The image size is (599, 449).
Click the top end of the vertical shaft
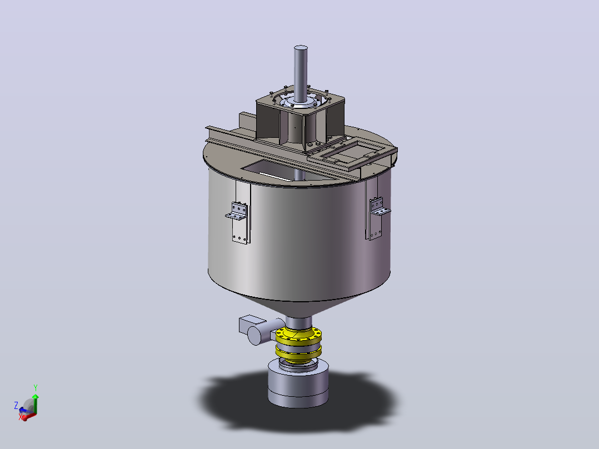[301, 48]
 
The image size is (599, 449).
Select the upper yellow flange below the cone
[298, 336]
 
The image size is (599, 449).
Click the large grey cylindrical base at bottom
[298, 386]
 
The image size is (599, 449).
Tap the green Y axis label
[36, 388]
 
